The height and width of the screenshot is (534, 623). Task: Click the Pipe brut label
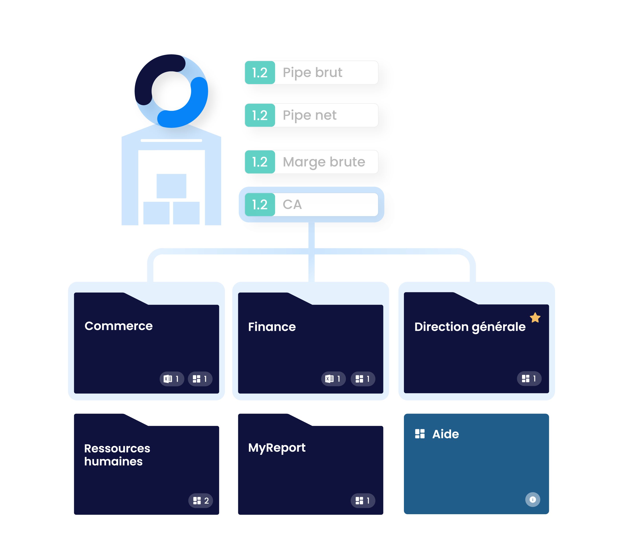(x=312, y=73)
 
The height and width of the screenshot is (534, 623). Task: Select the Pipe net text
(x=309, y=115)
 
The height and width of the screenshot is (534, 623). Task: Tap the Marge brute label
(x=324, y=162)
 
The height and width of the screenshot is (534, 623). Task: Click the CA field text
(x=292, y=204)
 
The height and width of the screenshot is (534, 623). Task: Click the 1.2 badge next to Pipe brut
(x=260, y=73)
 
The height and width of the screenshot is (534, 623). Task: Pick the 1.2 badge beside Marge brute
(x=260, y=162)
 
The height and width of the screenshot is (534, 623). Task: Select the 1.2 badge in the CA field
(x=260, y=204)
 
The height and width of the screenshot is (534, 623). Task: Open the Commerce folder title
(x=119, y=326)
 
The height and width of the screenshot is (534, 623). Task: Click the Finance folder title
(x=272, y=327)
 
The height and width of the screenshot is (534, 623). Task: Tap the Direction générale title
(x=470, y=327)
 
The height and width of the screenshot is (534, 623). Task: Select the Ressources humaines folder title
(x=117, y=455)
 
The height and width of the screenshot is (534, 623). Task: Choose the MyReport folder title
(x=277, y=448)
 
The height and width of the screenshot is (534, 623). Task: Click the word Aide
(x=445, y=434)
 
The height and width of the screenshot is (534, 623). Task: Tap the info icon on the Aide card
(x=532, y=500)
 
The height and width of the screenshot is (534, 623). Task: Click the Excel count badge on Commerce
(x=171, y=379)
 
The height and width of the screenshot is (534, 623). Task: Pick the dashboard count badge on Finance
(x=363, y=379)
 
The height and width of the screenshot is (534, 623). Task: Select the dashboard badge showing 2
(x=201, y=501)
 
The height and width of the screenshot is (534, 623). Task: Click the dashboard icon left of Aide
(x=419, y=434)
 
